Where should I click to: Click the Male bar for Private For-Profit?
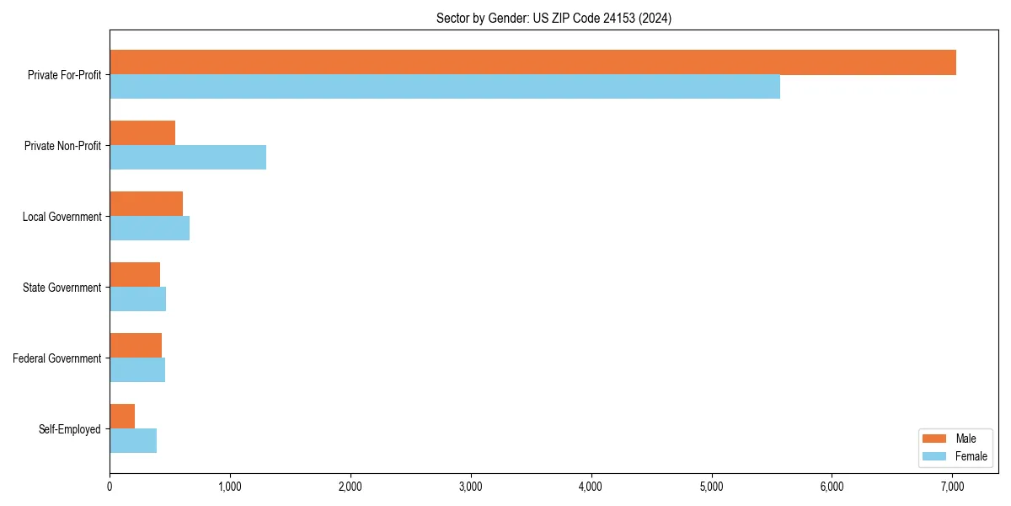(x=532, y=62)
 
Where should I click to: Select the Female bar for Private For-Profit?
(x=445, y=87)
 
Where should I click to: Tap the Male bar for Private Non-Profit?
(x=142, y=133)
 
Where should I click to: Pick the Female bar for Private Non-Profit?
(x=188, y=158)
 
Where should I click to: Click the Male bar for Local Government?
(x=146, y=204)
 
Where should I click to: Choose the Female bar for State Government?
(x=137, y=299)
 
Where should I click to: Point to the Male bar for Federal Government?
(x=136, y=346)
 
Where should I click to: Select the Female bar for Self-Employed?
(x=133, y=441)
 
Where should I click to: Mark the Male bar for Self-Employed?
(x=122, y=417)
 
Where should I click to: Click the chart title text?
(x=554, y=18)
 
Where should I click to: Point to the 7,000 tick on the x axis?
(x=952, y=487)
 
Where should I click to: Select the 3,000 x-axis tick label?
(x=471, y=487)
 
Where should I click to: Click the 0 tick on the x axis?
(x=110, y=487)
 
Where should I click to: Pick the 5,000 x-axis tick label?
(x=712, y=487)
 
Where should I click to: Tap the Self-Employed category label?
(x=70, y=429)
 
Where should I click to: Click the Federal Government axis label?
(x=57, y=358)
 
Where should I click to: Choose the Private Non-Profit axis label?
(x=62, y=146)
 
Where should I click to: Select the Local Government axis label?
(x=62, y=217)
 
